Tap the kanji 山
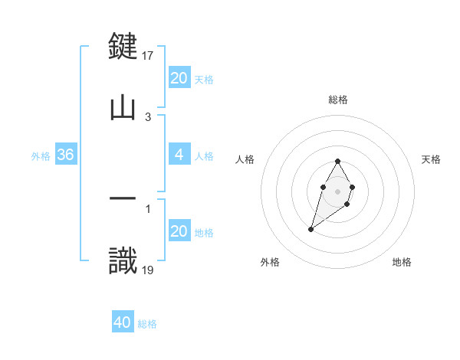click(123, 107)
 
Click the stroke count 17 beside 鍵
click(149, 55)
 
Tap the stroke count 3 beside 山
click(148, 116)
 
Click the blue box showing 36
click(66, 155)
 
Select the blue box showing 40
click(123, 322)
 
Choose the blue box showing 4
click(179, 155)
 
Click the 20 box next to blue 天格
click(179, 78)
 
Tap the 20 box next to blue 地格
click(179, 231)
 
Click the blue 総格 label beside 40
click(147, 324)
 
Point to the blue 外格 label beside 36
click(41, 156)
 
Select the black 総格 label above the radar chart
click(337, 100)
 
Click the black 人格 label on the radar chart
click(246, 159)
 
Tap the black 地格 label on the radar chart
click(402, 262)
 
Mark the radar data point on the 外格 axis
click(311, 228)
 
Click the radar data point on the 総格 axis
click(337, 161)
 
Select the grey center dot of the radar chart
click(337, 190)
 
